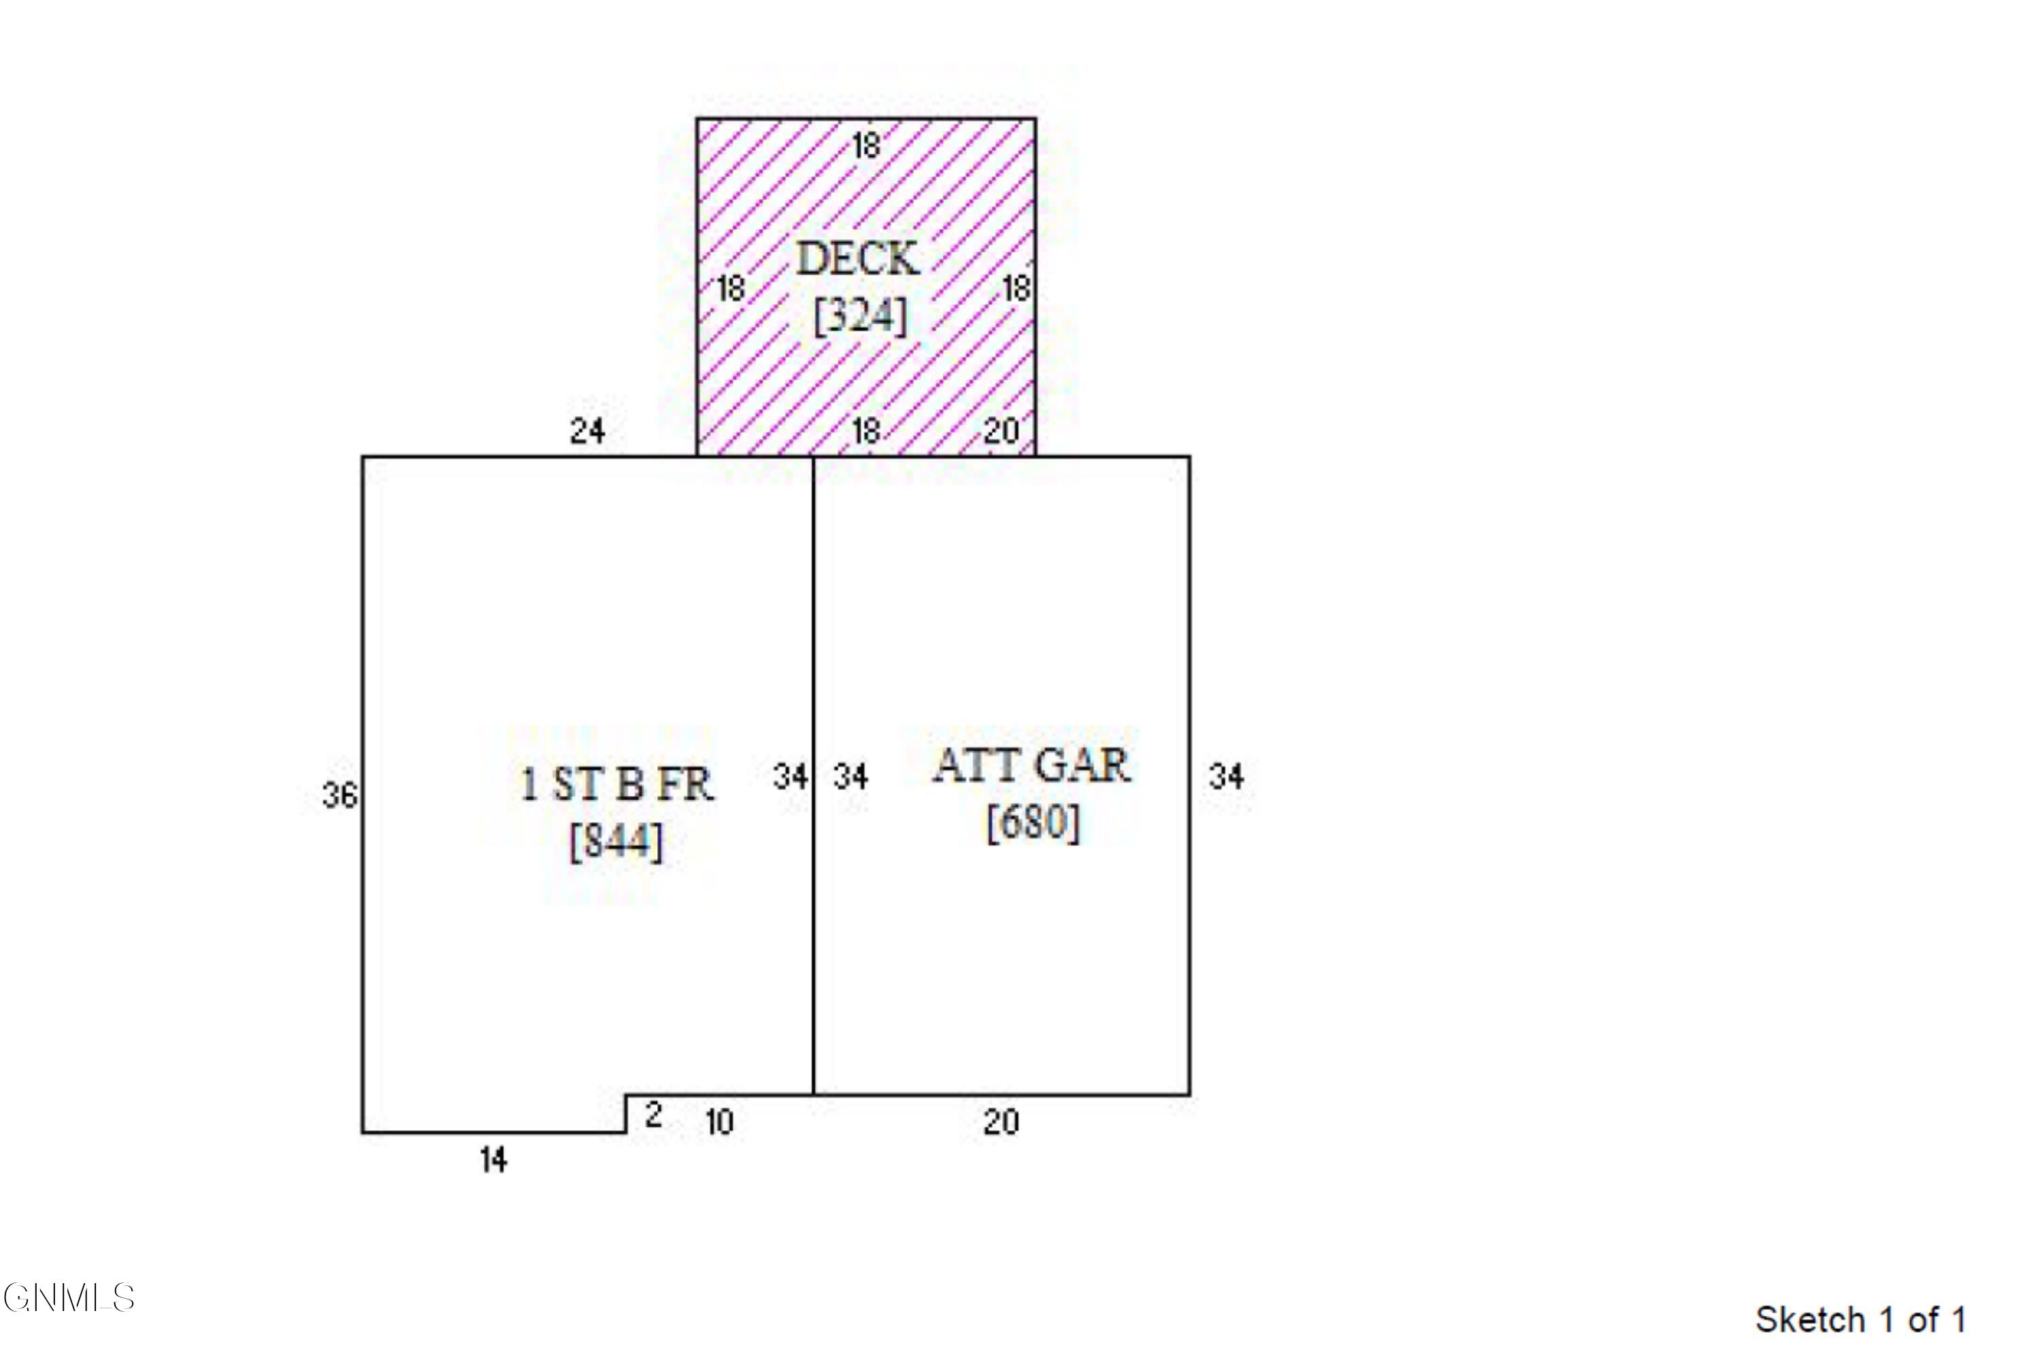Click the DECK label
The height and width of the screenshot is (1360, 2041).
click(857, 258)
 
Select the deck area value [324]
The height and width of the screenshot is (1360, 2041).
click(860, 315)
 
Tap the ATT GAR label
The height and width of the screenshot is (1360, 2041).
click(1032, 765)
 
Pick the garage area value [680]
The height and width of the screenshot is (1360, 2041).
click(1033, 822)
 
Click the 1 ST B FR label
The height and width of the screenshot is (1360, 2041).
click(617, 784)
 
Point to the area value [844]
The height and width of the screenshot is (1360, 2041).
click(616, 841)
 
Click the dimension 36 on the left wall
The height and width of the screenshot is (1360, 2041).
click(339, 794)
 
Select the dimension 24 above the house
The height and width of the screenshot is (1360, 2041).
click(588, 430)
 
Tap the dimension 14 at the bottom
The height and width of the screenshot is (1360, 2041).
click(494, 1159)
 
